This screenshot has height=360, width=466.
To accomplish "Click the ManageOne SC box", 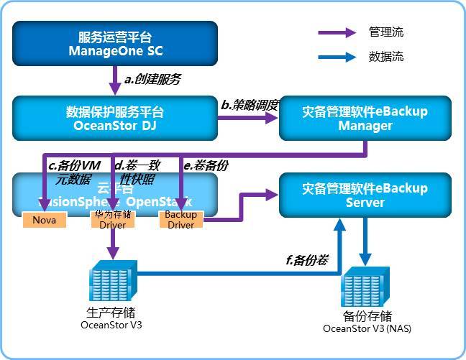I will click(115, 43).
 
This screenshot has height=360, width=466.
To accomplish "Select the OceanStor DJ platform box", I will click(115, 119).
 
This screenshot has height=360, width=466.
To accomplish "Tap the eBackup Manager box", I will click(365, 119).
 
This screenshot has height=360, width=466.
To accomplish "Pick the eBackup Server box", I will click(365, 195).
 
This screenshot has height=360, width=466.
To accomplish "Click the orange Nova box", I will click(45, 220).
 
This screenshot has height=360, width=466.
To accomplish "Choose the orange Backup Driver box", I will click(181, 220).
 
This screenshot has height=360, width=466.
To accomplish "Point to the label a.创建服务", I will click(152, 79).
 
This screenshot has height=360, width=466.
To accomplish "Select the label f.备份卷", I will click(307, 260).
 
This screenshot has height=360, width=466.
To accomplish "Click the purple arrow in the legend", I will click(338, 32).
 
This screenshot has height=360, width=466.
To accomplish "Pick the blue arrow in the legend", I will click(338, 57).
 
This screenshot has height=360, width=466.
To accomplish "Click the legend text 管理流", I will click(386, 32).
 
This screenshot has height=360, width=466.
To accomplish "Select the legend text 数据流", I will click(386, 57).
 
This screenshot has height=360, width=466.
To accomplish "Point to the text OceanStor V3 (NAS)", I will click(367, 329).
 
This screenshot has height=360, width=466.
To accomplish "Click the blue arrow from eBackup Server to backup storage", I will click(365, 244).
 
